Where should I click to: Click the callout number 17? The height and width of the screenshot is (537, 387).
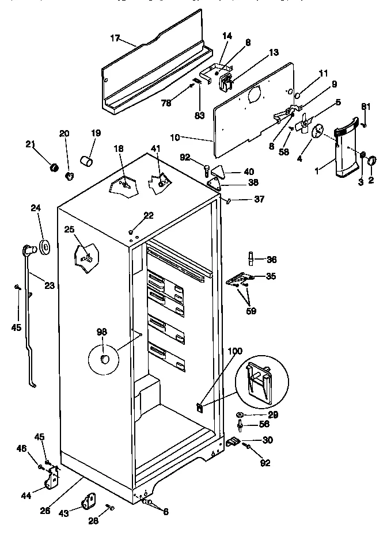pos(115,39)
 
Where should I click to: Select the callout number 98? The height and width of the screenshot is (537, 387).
pos(102,332)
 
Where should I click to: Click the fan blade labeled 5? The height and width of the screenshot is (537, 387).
pos(305,122)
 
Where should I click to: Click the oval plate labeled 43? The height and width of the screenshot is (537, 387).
pos(89,502)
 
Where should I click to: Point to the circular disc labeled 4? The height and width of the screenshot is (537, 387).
pos(317,133)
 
